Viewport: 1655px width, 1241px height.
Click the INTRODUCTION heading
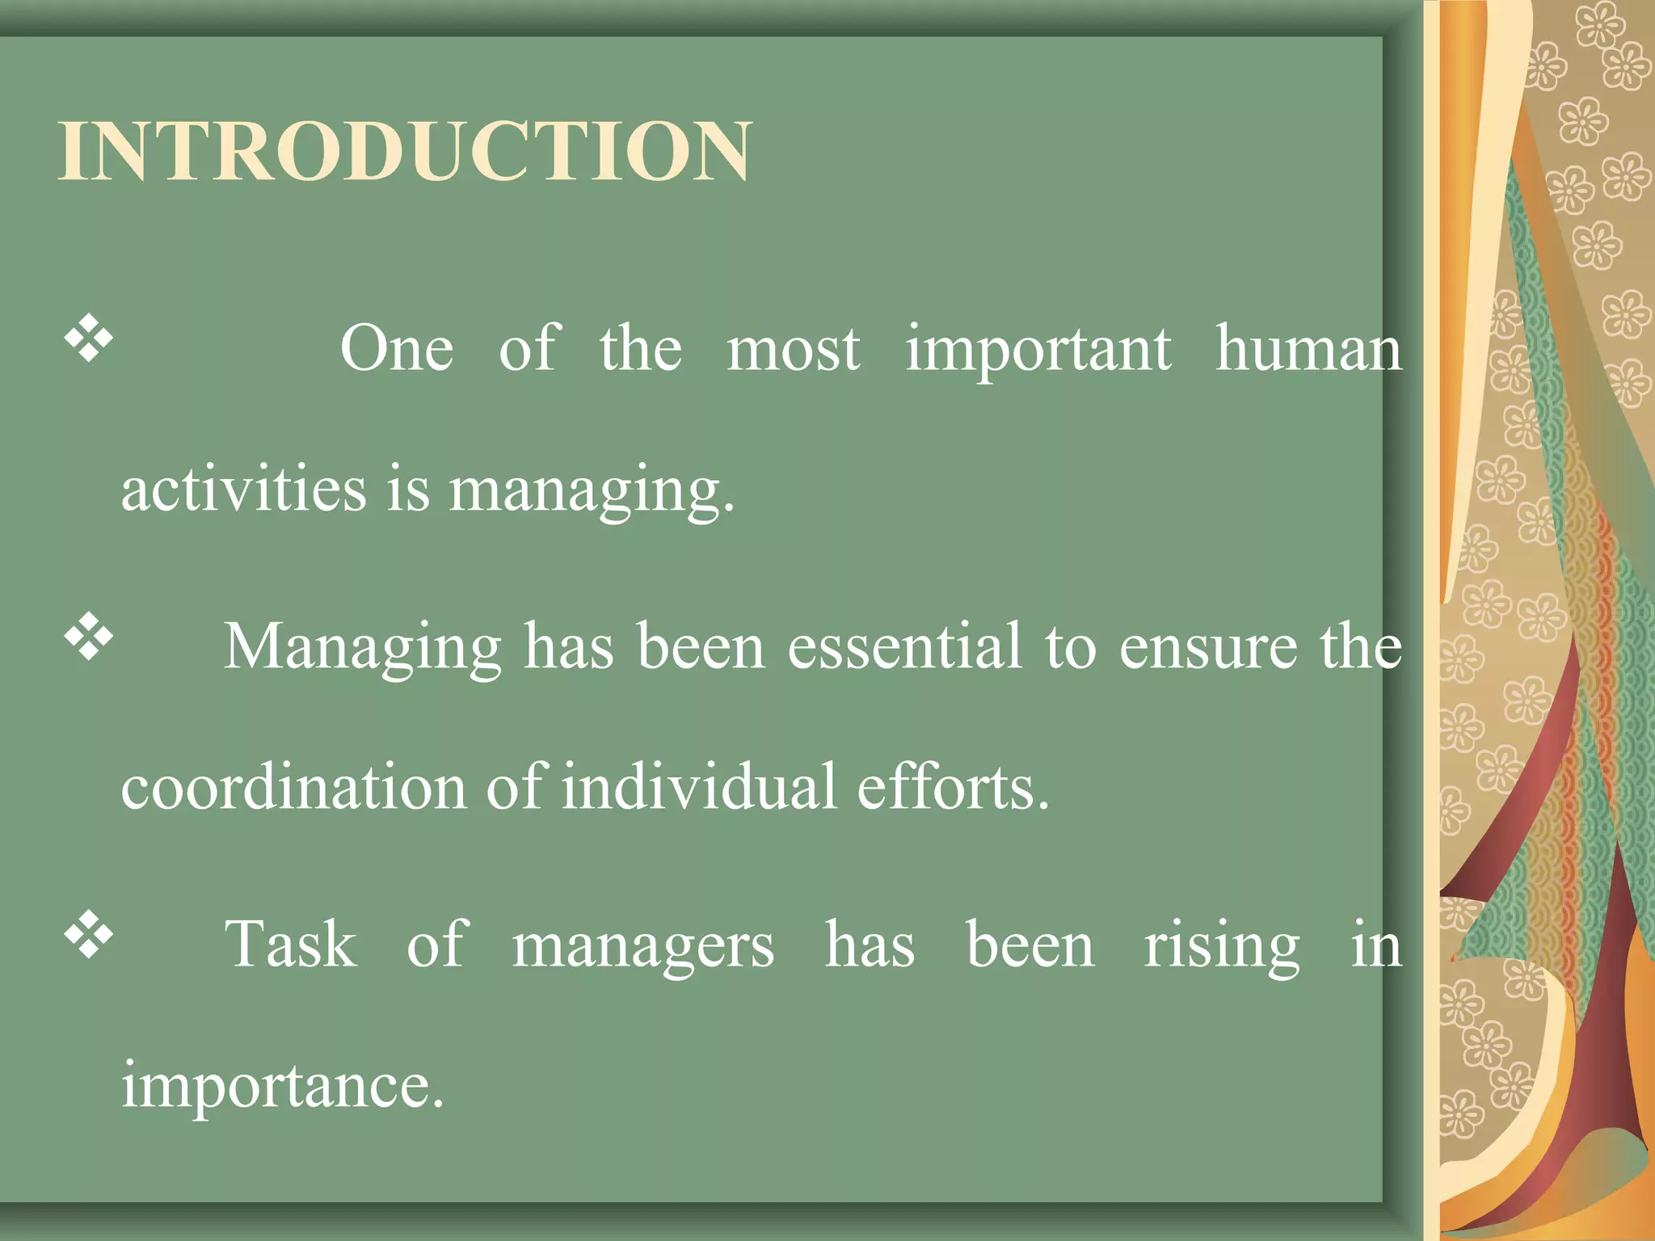(405, 151)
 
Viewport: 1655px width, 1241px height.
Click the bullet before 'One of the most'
(89, 339)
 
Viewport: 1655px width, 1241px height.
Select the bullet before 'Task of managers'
(89, 936)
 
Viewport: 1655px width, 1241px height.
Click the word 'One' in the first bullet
(397, 349)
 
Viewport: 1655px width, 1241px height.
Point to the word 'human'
(1308, 349)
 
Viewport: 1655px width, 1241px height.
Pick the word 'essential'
(905, 646)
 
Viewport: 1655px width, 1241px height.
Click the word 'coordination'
(293, 787)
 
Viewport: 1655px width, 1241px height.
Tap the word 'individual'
(699, 787)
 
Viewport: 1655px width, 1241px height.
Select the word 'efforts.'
(953, 787)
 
